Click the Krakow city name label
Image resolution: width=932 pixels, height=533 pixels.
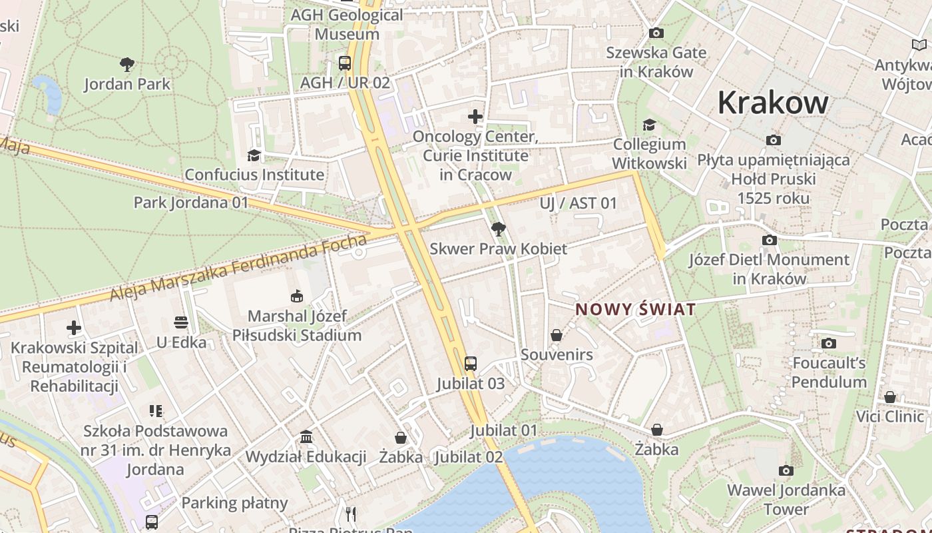point(773,103)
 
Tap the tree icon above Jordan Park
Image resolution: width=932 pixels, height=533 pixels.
point(127,65)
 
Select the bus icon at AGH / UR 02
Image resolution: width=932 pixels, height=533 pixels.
point(344,63)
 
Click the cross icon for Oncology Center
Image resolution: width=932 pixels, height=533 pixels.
point(475,117)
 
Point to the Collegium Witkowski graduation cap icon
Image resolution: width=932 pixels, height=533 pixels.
point(649,125)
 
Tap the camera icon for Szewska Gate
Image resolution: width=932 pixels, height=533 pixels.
point(656,33)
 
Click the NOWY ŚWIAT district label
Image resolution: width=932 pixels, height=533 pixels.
point(635,309)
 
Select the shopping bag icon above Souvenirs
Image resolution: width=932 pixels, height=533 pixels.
point(557,335)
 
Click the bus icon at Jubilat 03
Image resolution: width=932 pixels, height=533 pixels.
point(471,364)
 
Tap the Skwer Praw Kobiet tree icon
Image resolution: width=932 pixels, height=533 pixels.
point(498,229)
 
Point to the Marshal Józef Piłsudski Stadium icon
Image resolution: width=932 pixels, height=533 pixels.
point(297,296)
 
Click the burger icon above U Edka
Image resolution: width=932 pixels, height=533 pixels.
point(181,323)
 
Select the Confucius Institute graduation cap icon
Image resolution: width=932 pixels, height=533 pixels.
point(254,155)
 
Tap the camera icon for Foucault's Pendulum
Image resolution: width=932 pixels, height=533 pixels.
point(829,343)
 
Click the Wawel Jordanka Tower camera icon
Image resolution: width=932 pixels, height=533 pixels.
point(786,471)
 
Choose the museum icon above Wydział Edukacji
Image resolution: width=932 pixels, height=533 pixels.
point(306,437)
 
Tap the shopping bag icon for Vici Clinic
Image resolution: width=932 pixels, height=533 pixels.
point(890,397)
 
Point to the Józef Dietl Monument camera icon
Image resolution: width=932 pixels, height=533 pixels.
point(770,240)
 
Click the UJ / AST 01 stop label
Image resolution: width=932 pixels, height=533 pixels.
point(579,203)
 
